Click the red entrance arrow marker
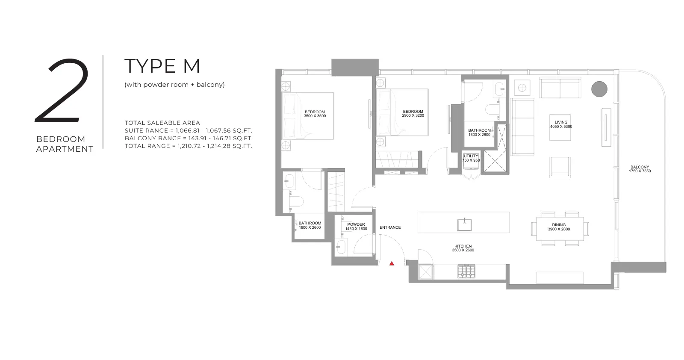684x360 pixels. tap(392, 263)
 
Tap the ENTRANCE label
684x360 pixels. tap(390, 227)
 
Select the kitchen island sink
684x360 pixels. tap(464, 225)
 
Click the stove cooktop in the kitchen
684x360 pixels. tap(466, 271)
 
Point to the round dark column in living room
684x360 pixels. tap(599, 89)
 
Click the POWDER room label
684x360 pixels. tap(356, 227)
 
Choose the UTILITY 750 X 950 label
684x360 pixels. tap(471, 158)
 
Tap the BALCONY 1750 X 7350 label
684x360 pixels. tap(640, 169)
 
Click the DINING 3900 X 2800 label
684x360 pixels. tap(559, 227)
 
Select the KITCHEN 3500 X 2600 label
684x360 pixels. tap(463, 248)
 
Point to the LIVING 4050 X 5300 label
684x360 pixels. tap(561, 124)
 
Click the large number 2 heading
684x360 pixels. tap(62, 91)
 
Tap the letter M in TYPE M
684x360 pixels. tap(191, 66)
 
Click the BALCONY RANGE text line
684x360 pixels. tap(189, 139)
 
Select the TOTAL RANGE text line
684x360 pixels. tap(189, 146)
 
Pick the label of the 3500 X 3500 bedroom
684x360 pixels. tap(315, 114)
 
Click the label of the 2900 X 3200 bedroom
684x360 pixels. tap(413, 114)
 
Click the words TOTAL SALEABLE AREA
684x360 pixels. tap(162, 123)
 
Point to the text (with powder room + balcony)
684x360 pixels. tap(174, 85)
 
